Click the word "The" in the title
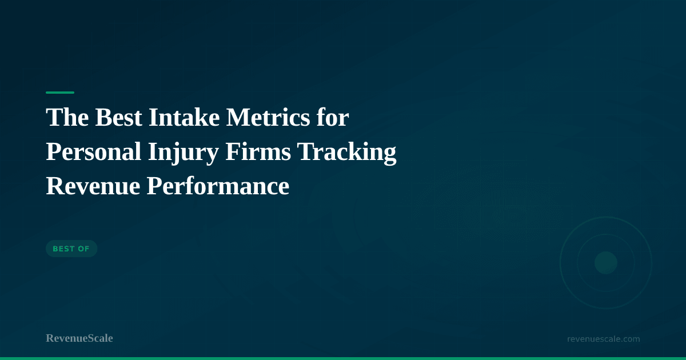(67, 117)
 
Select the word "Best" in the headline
(118, 117)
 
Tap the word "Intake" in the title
(184, 117)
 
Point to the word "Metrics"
(268, 117)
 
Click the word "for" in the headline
(333, 117)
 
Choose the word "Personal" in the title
(93, 151)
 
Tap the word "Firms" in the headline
(258, 151)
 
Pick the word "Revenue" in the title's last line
(93, 186)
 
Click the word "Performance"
(218, 186)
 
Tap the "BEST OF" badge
(71, 249)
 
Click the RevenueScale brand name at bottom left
(79, 338)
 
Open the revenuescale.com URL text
(603, 339)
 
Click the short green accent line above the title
(60, 93)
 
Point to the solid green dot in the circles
(606, 263)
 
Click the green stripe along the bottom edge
(343, 358)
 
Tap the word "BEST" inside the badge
(63, 249)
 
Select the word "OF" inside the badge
(83, 249)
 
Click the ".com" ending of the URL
(629, 339)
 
